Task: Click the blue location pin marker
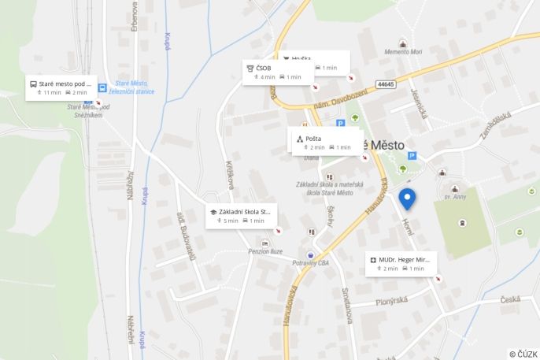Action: click(x=407, y=199)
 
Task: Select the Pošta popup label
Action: click(x=313, y=139)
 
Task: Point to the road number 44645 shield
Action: click(x=385, y=84)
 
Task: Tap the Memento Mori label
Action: click(x=403, y=52)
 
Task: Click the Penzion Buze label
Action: click(x=264, y=251)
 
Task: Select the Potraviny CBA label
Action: click(x=309, y=262)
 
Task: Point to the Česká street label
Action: click(x=510, y=299)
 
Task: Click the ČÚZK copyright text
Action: click(x=523, y=354)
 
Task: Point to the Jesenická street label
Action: click(x=417, y=102)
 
